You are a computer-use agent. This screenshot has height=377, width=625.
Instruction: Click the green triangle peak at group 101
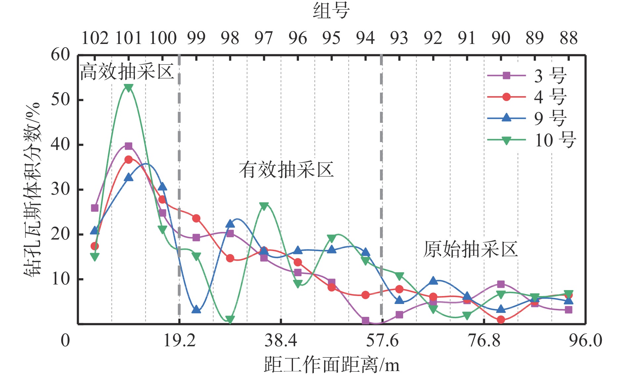click(x=129, y=88)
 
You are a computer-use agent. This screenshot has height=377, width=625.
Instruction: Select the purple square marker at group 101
click(x=129, y=146)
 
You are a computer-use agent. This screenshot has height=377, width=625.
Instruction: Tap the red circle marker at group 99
click(x=196, y=218)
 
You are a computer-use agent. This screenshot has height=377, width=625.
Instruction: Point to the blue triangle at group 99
click(x=196, y=310)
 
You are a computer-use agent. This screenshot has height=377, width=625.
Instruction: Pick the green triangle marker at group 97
click(x=264, y=206)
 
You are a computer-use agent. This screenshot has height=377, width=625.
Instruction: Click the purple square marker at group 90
click(x=501, y=284)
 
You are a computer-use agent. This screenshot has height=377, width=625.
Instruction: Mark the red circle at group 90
click(x=501, y=320)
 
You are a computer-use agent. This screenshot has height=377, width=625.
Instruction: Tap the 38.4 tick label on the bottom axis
click(x=281, y=340)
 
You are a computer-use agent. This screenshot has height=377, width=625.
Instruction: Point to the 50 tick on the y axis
click(x=61, y=99)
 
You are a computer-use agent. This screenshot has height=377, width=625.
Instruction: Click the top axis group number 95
click(x=331, y=38)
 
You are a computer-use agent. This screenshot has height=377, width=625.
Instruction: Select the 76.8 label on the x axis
click(x=484, y=340)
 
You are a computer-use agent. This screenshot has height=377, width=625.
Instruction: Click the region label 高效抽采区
click(x=127, y=72)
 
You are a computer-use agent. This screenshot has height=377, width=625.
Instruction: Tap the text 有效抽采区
click(x=286, y=170)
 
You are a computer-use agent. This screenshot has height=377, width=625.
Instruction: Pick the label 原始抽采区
click(x=470, y=249)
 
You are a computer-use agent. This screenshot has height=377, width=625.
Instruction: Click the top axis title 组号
click(x=331, y=11)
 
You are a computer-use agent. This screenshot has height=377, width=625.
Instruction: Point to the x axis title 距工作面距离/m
click(x=331, y=365)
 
